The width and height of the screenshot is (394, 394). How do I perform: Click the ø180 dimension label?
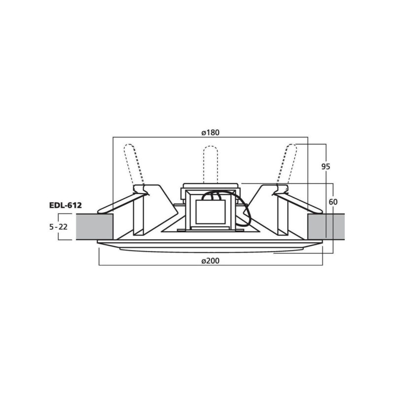210,132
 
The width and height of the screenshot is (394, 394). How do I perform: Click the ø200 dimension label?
210,261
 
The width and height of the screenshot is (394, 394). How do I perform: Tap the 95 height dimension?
326,167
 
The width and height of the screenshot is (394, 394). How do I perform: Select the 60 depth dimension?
333,202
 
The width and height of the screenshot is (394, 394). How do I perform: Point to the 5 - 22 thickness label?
59,227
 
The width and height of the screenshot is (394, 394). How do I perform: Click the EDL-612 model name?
66,205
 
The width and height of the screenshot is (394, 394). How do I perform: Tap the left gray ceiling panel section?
95,227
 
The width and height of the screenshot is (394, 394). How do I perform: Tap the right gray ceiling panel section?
326,227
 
